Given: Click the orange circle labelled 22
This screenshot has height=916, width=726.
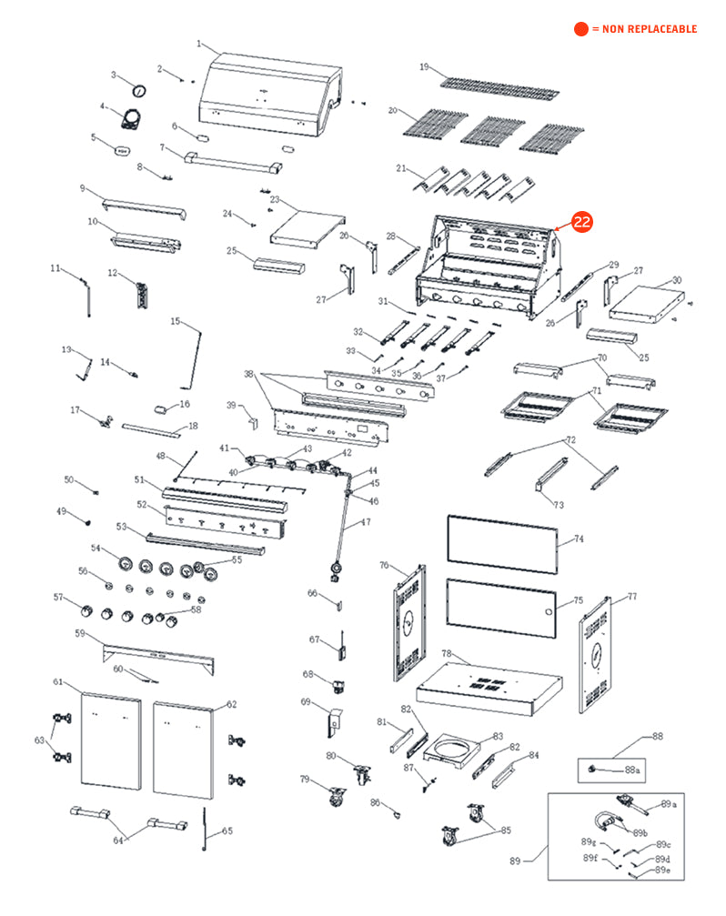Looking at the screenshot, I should click(581, 221).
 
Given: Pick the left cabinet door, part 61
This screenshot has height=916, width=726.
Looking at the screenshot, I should click(111, 740).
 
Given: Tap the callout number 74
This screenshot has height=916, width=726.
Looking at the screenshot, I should click(579, 539).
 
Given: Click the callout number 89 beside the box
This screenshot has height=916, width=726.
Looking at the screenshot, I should click(515, 860).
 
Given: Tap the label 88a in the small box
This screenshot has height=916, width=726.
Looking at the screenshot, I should click(632, 770).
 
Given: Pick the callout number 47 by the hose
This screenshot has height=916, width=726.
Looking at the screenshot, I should click(367, 522).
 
